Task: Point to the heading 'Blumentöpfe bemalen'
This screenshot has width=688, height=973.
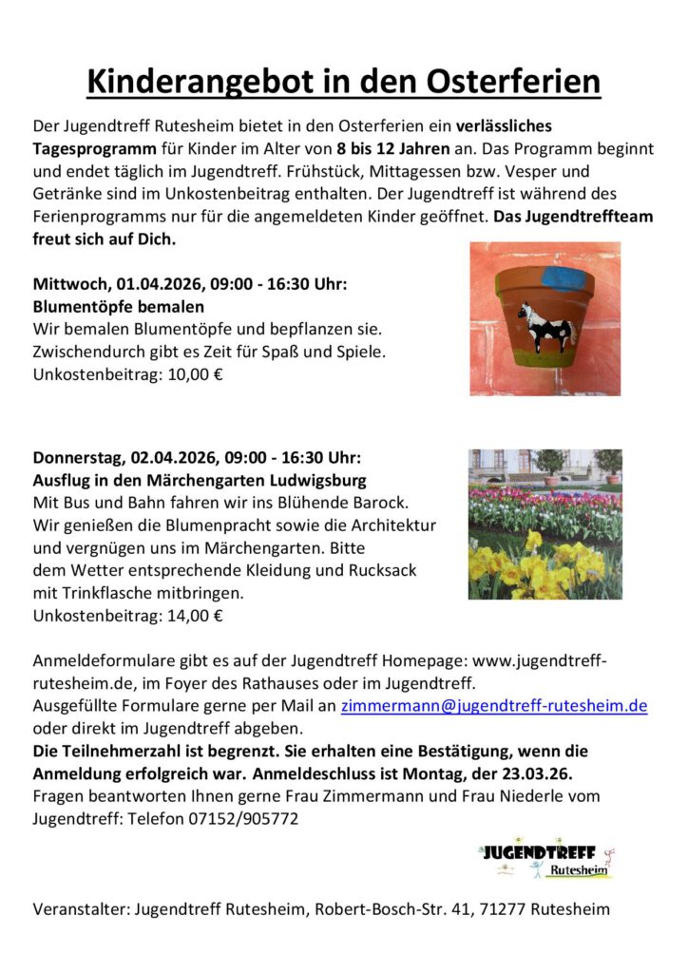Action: (118, 307)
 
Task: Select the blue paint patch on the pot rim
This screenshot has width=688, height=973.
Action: (562, 277)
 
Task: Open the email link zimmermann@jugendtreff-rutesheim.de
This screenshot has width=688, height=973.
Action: (494, 707)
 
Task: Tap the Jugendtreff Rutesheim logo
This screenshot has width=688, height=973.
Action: (546, 856)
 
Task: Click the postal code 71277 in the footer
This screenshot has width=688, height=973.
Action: (502, 909)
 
